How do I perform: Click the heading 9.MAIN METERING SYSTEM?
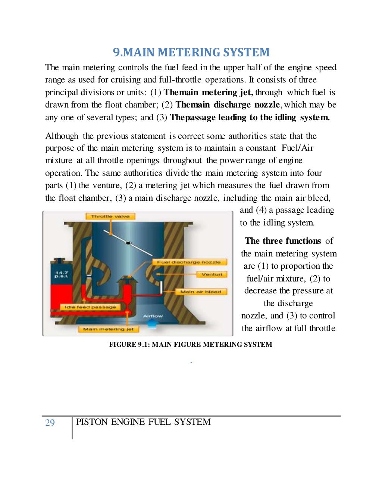pos(191,52)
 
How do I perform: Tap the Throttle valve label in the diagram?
pos(110,216)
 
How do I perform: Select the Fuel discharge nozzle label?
pos(189,262)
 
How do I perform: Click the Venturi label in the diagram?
pos(212,274)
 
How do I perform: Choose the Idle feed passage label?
pos(90,307)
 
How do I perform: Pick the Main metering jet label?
pos(108,329)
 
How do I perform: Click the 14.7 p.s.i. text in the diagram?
pos(62,274)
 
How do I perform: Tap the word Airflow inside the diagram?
pos(153,316)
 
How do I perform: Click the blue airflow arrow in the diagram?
pos(152,323)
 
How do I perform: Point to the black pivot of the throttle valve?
pos(128,243)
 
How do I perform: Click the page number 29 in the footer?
pos(50,423)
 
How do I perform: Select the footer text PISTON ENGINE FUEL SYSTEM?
pos(143,422)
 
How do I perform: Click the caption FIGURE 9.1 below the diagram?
pos(190,345)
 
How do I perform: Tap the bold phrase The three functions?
pos(283,241)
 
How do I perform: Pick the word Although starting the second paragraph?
pos(62,136)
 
